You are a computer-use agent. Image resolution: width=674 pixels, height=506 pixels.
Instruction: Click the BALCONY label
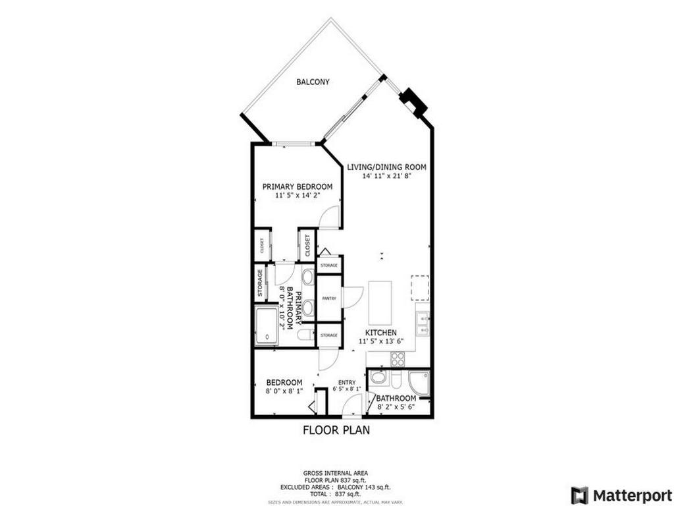pos(313,82)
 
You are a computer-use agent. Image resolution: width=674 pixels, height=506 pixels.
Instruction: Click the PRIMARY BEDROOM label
pos(298,187)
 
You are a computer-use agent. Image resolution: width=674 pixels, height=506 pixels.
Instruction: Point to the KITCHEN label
pos(381,333)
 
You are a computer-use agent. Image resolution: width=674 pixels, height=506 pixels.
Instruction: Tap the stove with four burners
pos(398,359)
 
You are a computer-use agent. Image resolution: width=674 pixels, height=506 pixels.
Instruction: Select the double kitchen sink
pos(422,323)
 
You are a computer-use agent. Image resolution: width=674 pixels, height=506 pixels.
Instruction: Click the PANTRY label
pos(329,298)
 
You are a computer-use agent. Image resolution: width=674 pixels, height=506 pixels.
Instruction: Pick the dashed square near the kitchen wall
pos(420,287)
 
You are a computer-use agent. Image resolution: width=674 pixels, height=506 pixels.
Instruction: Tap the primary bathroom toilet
pos(305,335)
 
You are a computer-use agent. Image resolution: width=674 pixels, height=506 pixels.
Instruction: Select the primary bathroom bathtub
pos(266,325)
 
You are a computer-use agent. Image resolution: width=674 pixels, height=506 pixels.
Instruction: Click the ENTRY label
pos(347,383)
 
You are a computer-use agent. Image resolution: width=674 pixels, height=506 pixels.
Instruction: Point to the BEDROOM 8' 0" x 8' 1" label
pos(284,383)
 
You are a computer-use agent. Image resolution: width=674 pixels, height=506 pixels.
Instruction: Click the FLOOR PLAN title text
pos(336,431)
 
